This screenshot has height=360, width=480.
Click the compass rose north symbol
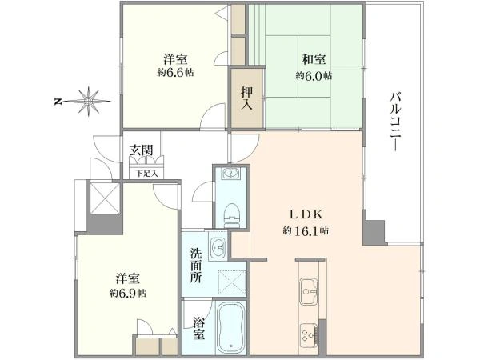click(82, 101)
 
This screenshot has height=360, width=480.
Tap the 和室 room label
click(314, 59)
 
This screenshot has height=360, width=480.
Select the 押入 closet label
click(246, 98)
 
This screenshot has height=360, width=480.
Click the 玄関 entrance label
click(141, 150)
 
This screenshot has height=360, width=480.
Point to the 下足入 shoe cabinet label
click(146, 174)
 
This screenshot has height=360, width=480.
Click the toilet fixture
click(231, 215)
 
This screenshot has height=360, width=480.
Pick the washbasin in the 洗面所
click(218, 246)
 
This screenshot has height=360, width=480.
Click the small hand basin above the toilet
click(231, 174)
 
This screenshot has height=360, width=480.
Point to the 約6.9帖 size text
click(128, 293)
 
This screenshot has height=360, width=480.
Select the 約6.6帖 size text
click(175, 72)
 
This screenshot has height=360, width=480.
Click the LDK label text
click(306, 214)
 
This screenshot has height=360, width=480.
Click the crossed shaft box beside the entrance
click(105, 198)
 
